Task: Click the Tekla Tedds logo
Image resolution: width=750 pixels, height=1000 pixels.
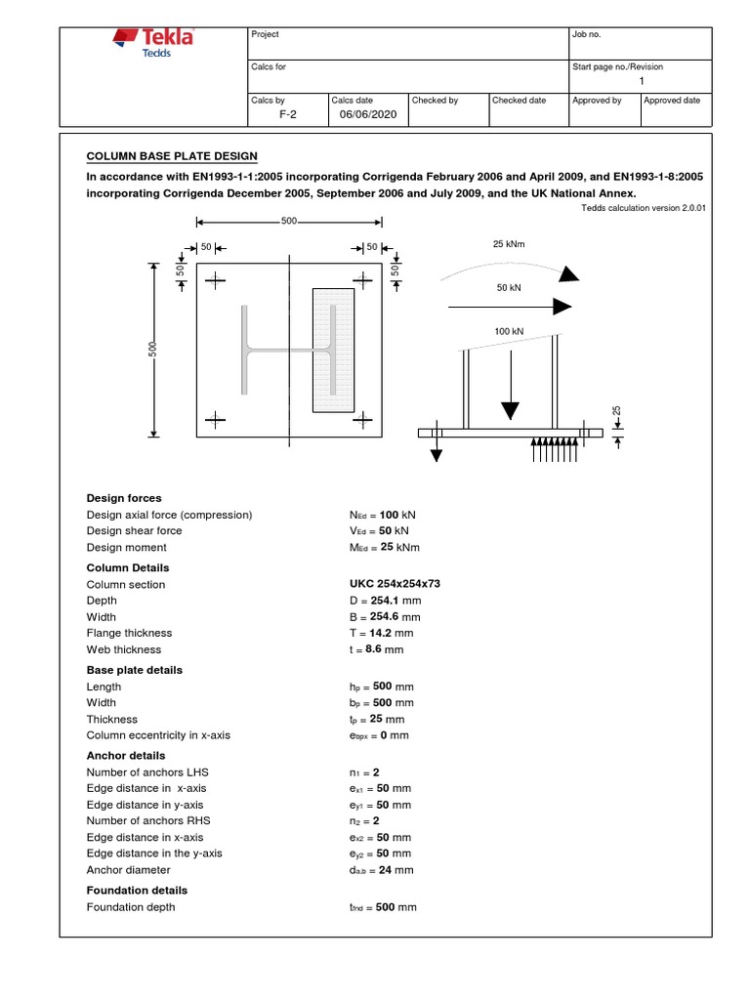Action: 154,43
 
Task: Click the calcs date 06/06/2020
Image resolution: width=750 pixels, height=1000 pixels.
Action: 362,114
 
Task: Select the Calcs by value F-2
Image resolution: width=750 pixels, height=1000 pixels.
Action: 288,114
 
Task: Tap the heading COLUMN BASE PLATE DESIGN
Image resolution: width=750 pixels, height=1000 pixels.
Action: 173,156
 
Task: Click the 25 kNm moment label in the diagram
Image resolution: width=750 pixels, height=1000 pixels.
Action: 509,243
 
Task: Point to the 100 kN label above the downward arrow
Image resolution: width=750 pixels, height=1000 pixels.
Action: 509,332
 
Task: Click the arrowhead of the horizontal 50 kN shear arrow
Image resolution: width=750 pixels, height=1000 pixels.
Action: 562,306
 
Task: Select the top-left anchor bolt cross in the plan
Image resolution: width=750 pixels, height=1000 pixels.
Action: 216,280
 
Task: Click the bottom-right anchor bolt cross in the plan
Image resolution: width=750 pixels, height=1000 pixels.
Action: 362,421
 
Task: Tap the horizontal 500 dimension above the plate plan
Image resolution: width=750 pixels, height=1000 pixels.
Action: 289,222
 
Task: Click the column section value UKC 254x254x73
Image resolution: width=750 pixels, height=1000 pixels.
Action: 388,584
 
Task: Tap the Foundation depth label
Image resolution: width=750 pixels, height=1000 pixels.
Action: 131,907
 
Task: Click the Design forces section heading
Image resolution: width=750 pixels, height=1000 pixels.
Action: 124,498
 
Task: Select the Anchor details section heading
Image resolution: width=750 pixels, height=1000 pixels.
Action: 126,755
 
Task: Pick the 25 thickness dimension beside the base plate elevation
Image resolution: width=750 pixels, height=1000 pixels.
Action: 617,410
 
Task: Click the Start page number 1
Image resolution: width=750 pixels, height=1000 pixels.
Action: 642,81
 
